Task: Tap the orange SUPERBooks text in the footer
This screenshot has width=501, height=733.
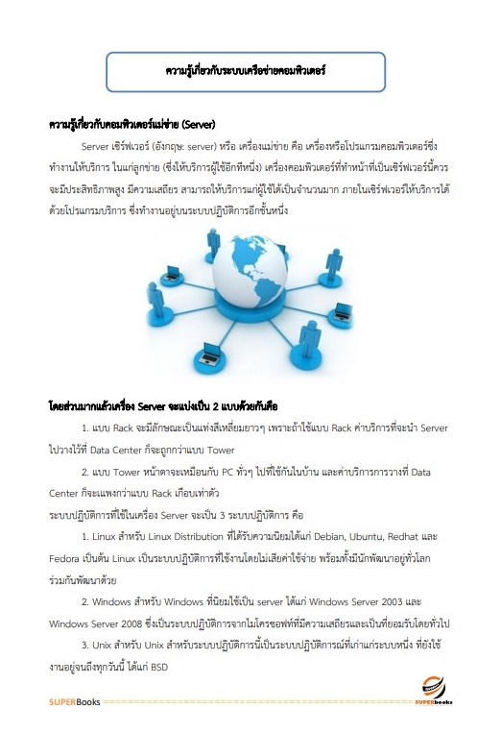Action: point(74,703)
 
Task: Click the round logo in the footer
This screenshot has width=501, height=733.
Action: point(433,684)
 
